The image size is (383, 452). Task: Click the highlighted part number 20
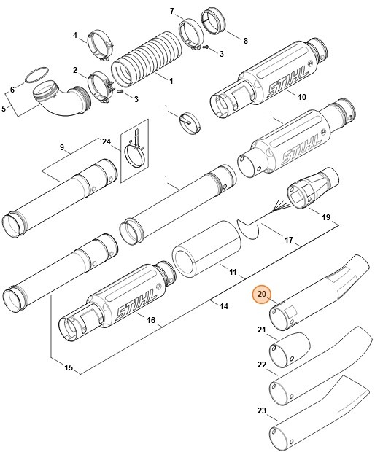coord(262,295)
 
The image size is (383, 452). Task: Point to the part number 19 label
coord(326,217)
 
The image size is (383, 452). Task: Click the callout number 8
coord(245,40)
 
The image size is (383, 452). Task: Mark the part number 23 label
coord(262,411)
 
